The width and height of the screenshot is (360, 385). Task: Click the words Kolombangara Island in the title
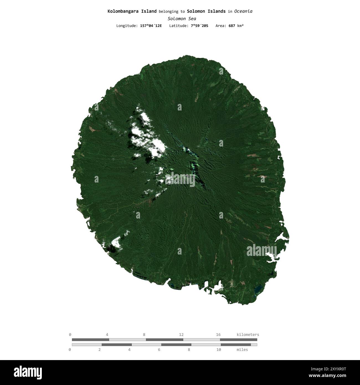tap(132, 11)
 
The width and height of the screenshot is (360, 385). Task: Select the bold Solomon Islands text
tap(206, 11)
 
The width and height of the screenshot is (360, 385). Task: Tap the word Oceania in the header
tap(243, 11)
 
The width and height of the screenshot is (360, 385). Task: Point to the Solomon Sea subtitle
tap(182, 19)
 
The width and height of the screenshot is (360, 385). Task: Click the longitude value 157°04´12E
tap(151, 26)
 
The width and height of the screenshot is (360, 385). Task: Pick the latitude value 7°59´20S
tap(199, 26)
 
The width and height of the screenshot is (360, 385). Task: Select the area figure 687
tap(232, 26)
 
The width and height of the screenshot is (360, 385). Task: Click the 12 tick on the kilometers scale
tap(181, 335)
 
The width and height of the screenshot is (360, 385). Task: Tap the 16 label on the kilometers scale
tap(218, 335)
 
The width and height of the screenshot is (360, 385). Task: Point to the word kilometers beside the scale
tap(248, 335)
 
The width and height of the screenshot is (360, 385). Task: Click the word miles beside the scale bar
tap(242, 350)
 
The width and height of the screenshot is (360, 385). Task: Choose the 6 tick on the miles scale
tap(159, 350)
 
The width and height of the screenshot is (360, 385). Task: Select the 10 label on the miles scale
tap(219, 350)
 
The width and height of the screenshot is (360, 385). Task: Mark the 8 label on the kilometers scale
tap(144, 335)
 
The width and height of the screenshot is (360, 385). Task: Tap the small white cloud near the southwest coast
tap(116, 243)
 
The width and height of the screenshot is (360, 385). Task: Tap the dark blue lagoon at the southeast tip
tap(258, 289)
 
